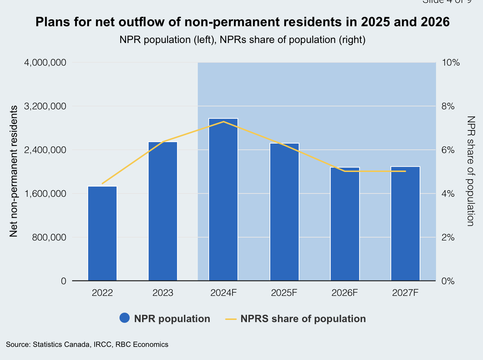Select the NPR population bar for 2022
[x=102, y=233]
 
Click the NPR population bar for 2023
[x=163, y=211]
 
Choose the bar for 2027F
[x=405, y=224]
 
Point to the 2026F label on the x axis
[x=345, y=293]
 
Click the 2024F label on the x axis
[x=223, y=293]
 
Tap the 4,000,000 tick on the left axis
[x=45, y=63]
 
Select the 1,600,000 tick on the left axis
[x=45, y=193]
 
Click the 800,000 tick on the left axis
[x=49, y=237]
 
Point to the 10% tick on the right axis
[x=451, y=63]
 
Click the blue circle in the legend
[x=125, y=318]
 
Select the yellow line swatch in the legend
[x=231, y=319]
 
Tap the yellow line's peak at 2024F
[x=223, y=121]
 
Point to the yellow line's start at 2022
[x=102, y=184]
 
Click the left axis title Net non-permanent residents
[x=14, y=171]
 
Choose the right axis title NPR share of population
[x=471, y=171]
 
